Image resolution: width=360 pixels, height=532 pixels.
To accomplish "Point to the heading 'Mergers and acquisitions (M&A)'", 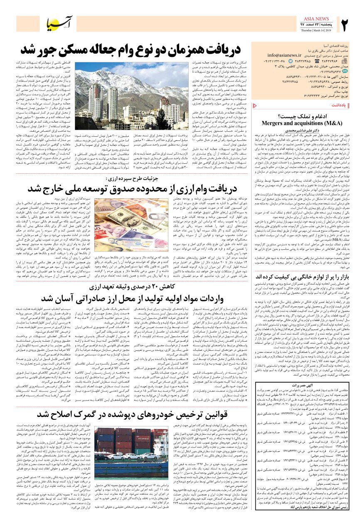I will point(301,123).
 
